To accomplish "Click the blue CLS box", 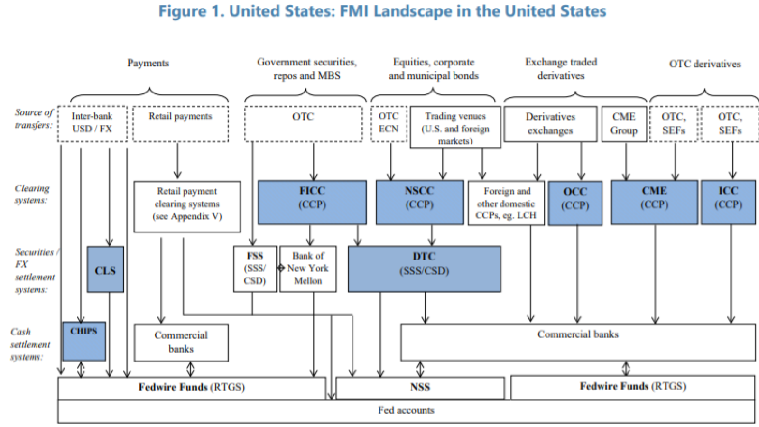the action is click(x=105, y=269).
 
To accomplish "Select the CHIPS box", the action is click(x=84, y=341).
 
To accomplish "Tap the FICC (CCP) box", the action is click(x=312, y=202).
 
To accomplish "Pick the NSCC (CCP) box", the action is click(x=419, y=202).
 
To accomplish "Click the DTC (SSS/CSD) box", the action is click(x=424, y=269).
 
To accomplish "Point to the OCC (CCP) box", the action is click(x=575, y=203).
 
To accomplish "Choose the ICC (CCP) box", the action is click(x=728, y=202).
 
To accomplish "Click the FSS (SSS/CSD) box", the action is click(x=255, y=269).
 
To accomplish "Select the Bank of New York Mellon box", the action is click(x=308, y=269).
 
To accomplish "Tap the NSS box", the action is click(x=420, y=388).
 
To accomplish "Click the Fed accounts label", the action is click(x=406, y=411).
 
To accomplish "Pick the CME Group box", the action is click(x=624, y=124).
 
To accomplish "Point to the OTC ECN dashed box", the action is click(x=389, y=124).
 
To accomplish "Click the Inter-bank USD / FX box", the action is click(x=93, y=124).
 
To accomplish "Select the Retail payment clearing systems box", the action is click(x=187, y=207).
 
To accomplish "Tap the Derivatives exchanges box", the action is click(x=550, y=124).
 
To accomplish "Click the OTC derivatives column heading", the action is click(x=705, y=64).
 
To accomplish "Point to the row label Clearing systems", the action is click(x=31, y=194).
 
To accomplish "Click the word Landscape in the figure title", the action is click(x=413, y=11).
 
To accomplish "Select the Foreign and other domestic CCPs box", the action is click(x=506, y=203).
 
